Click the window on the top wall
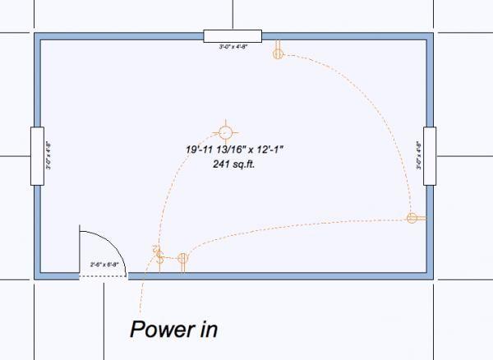point(232,35)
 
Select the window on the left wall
point(36,155)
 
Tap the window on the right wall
point(429,155)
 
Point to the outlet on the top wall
point(278,52)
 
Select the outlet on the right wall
point(414,218)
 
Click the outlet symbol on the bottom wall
point(182,261)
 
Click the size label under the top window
point(233,47)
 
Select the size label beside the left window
point(48,156)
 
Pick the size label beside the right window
point(418,156)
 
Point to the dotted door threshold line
point(103,277)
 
